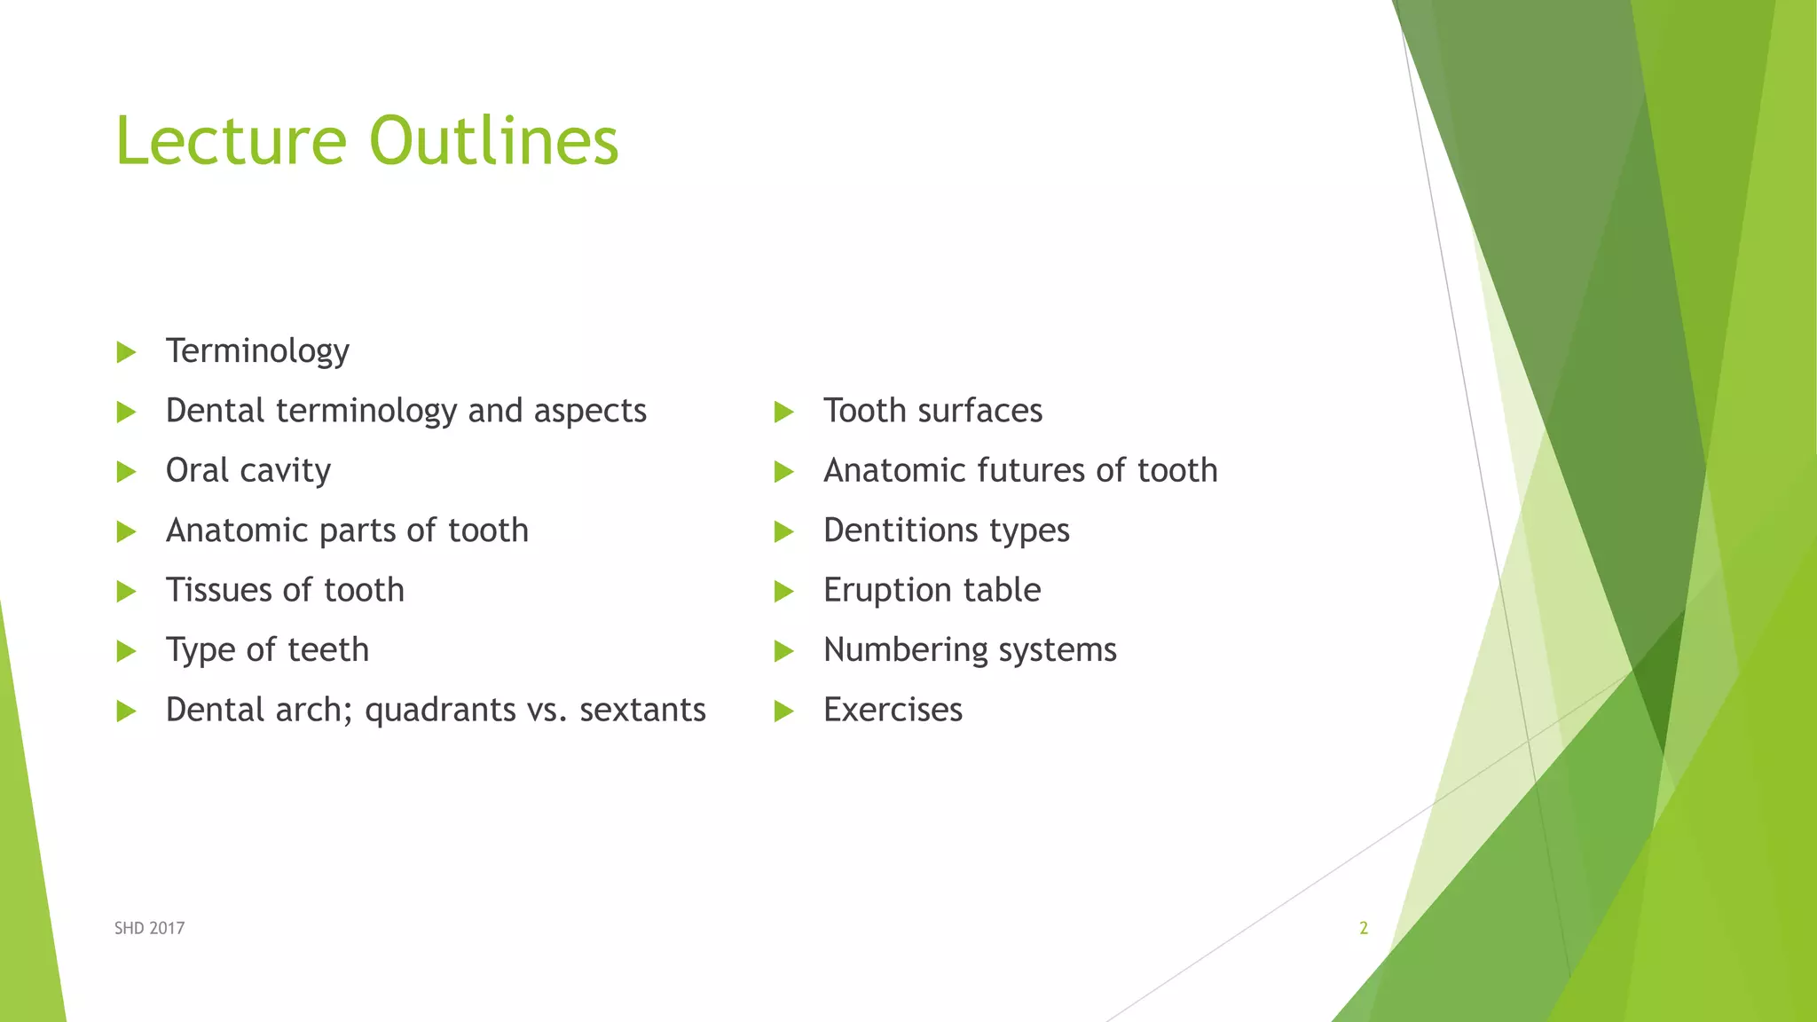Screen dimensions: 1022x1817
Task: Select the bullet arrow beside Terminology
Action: tap(126, 352)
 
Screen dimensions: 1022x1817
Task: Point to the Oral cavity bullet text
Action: tap(248, 470)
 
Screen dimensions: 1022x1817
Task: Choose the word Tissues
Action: tap(218, 590)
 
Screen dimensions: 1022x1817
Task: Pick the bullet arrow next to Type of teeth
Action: tap(126, 651)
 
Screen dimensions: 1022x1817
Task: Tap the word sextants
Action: tap(642, 710)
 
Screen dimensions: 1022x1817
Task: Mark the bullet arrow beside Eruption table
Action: tap(783, 591)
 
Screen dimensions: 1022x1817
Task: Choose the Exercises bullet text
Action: tap(893, 710)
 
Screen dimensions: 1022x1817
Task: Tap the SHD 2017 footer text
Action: tap(149, 928)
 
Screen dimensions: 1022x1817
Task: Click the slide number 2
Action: tap(1364, 928)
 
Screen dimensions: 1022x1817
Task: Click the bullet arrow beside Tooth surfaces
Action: tap(783, 412)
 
